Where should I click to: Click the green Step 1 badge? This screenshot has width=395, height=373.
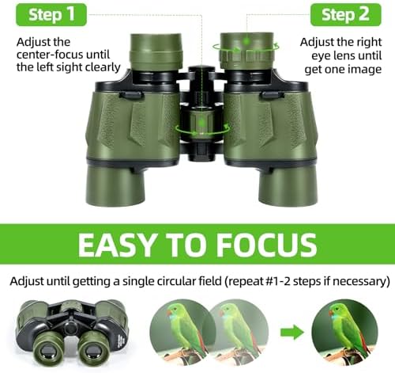[51, 15]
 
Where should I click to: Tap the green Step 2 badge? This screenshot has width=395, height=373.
[345, 15]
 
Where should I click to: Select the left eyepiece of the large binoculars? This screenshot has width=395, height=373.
[156, 52]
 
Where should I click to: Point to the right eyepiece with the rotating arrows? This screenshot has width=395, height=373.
[246, 51]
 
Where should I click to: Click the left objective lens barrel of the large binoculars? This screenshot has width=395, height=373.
[115, 184]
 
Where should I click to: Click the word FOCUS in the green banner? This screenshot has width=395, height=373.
[266, 245]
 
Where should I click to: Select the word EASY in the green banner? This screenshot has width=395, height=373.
[116, 245]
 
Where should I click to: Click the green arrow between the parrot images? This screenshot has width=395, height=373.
[292, 333]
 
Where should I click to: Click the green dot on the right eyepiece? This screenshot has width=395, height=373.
[246, 41]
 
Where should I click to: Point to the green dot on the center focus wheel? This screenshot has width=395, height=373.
[201, 123]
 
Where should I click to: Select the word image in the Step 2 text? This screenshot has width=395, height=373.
[365, 70]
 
